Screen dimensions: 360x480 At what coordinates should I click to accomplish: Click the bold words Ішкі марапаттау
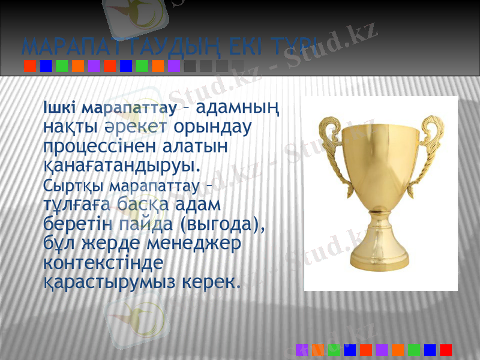(110, 109)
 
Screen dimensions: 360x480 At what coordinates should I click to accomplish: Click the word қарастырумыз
(113, 281)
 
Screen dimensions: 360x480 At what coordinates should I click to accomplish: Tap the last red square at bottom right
(446, 349)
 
